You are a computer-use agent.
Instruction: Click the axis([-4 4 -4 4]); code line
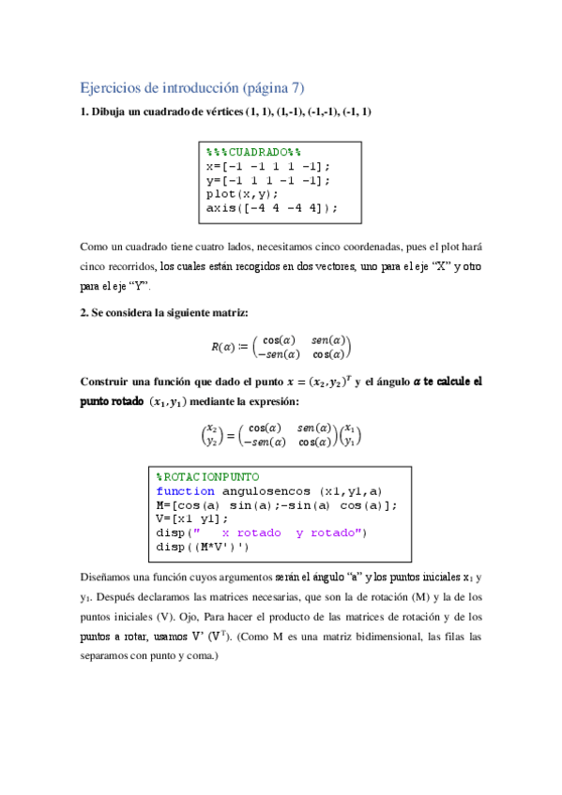(x=271, y=208)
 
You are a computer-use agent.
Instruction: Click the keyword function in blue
(x=185, y=491)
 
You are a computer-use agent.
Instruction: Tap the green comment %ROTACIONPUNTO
(x=207, y=477)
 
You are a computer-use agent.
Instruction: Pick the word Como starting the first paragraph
(x=95, y=247)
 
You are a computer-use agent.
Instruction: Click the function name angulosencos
(x=268, y=491)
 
